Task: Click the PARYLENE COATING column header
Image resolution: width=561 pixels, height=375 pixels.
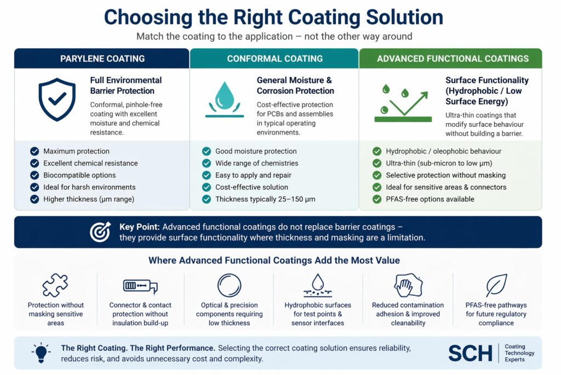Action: tap(102, 58)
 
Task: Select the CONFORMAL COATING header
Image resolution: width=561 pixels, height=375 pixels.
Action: tap(274, 58)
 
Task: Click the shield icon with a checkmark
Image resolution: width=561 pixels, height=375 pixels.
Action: tap(56, 99)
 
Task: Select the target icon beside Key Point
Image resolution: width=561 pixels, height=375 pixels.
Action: tap(100, 232)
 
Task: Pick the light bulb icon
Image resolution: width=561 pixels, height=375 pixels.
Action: tap(41, 352)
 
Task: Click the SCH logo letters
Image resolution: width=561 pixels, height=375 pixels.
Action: tap(470, 353)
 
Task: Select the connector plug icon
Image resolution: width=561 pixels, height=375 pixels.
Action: tap(140, 286)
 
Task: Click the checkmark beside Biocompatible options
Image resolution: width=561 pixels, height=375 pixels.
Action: tap(35, 175)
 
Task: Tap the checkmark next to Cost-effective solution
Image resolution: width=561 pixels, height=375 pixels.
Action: tap(206, 187)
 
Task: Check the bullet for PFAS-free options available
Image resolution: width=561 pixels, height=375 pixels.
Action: tap(377, 199)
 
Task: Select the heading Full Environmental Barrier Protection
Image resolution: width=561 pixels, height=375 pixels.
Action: tap(126, 86)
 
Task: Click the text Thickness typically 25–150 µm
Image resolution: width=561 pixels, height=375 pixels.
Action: tap(265, 199)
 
